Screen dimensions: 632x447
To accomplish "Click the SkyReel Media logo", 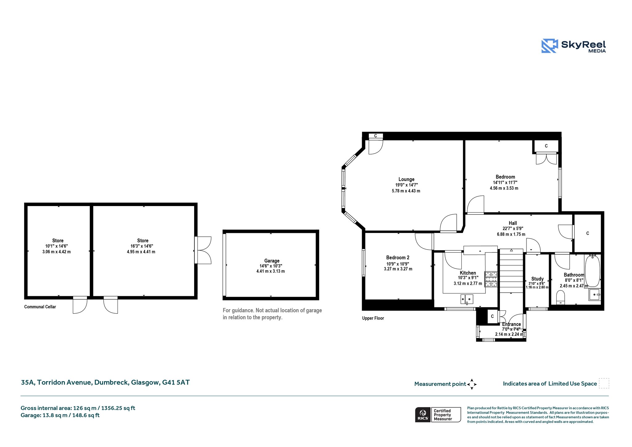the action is tap(574, 46).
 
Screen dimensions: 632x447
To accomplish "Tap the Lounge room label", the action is tap(406, 179).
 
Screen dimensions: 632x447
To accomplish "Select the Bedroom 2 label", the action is tap(398, 258).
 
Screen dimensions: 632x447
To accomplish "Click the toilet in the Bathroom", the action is tap(560, 297).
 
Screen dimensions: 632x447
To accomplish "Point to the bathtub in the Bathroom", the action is tap(592, 271).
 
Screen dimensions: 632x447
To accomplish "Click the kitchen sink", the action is tap(467, 299).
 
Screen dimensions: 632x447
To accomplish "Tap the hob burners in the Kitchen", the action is tap(491, 279).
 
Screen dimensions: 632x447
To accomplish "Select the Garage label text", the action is tap(272, 261).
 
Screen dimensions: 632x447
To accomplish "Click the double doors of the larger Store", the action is tap(203, 250).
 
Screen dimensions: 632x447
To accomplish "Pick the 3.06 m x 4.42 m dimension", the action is tap(56, 252).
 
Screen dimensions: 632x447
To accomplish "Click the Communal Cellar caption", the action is tap(40, 307).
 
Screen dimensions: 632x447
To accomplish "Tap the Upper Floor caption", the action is tap(373, 318).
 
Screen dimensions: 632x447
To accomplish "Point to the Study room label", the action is tap(537, 279).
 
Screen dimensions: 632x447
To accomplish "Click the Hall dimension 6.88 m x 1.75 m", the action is tap(511, 234).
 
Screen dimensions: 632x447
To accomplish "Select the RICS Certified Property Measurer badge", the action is tap(438, 415).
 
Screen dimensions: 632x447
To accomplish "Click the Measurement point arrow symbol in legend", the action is tap(472, 384).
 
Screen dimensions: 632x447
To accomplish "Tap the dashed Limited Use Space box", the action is tap(604, 383).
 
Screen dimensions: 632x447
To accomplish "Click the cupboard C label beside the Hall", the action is tap(588, 233).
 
